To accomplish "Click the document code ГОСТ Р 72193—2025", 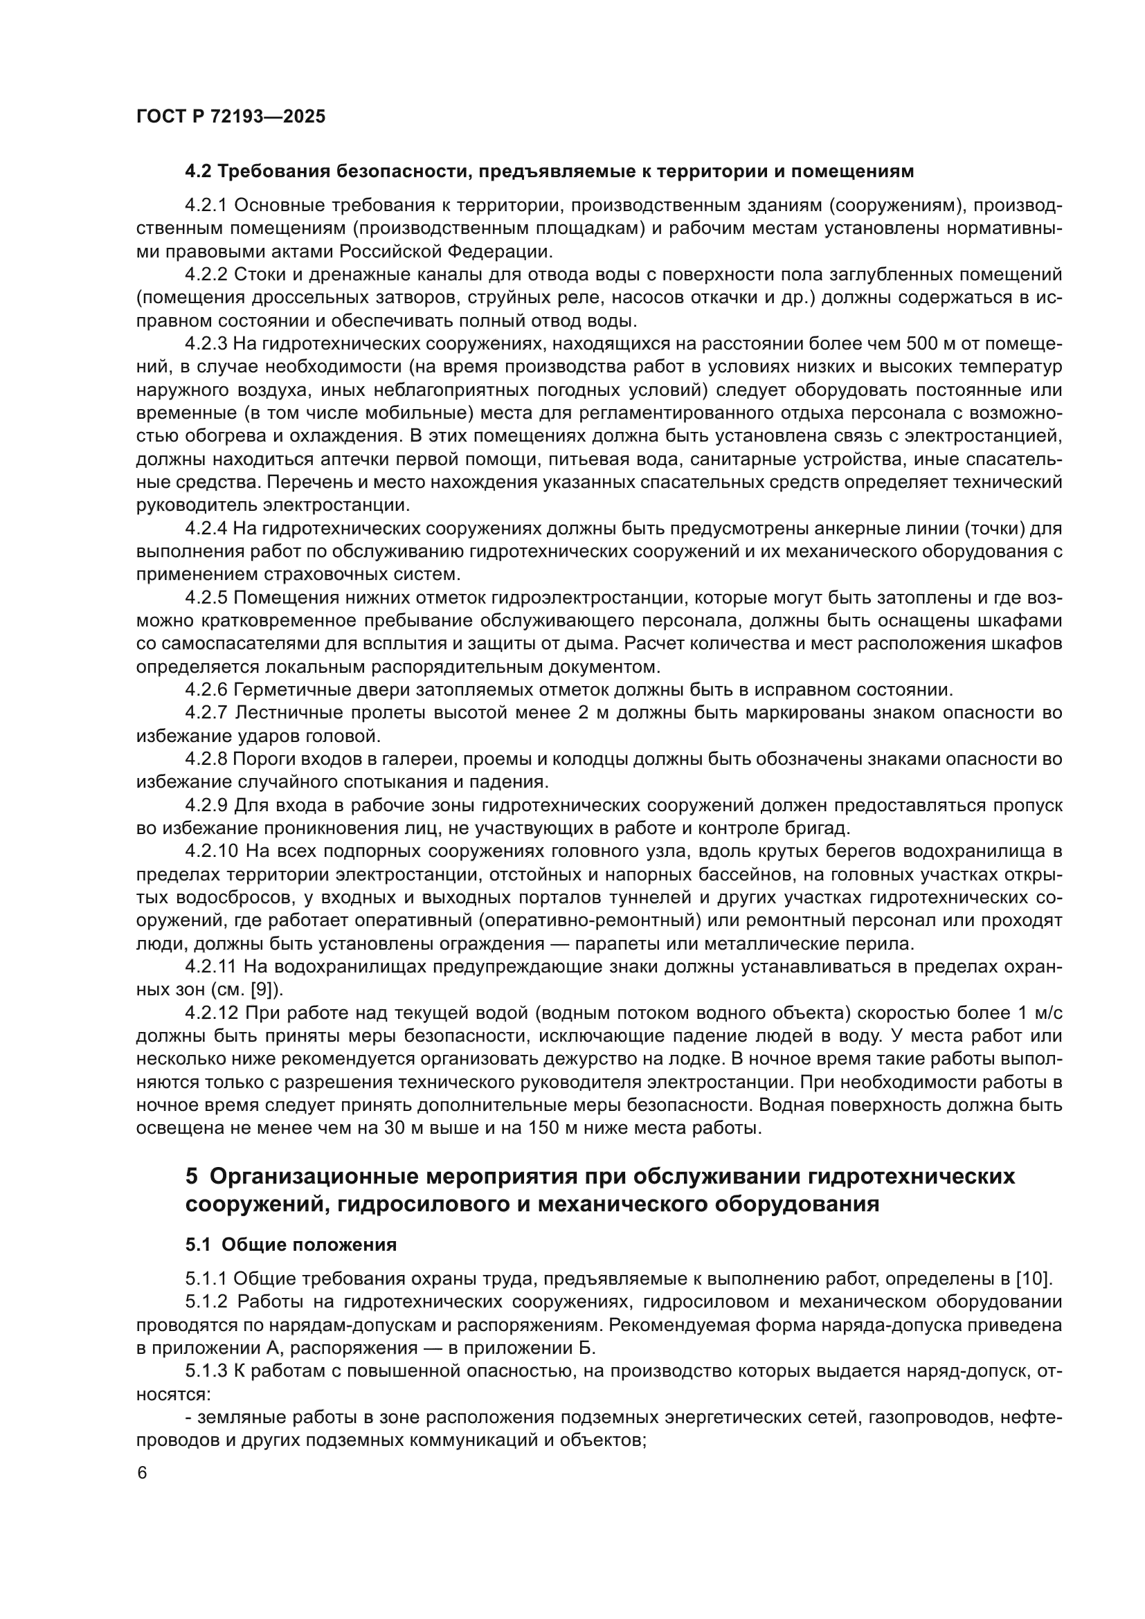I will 231,116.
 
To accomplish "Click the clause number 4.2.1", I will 206,205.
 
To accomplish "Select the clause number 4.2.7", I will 206,713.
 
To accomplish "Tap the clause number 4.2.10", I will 211,851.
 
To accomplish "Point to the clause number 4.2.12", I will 211,1013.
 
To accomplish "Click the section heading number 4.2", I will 199,172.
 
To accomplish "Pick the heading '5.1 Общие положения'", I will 291,1245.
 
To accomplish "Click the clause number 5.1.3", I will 206,1371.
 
